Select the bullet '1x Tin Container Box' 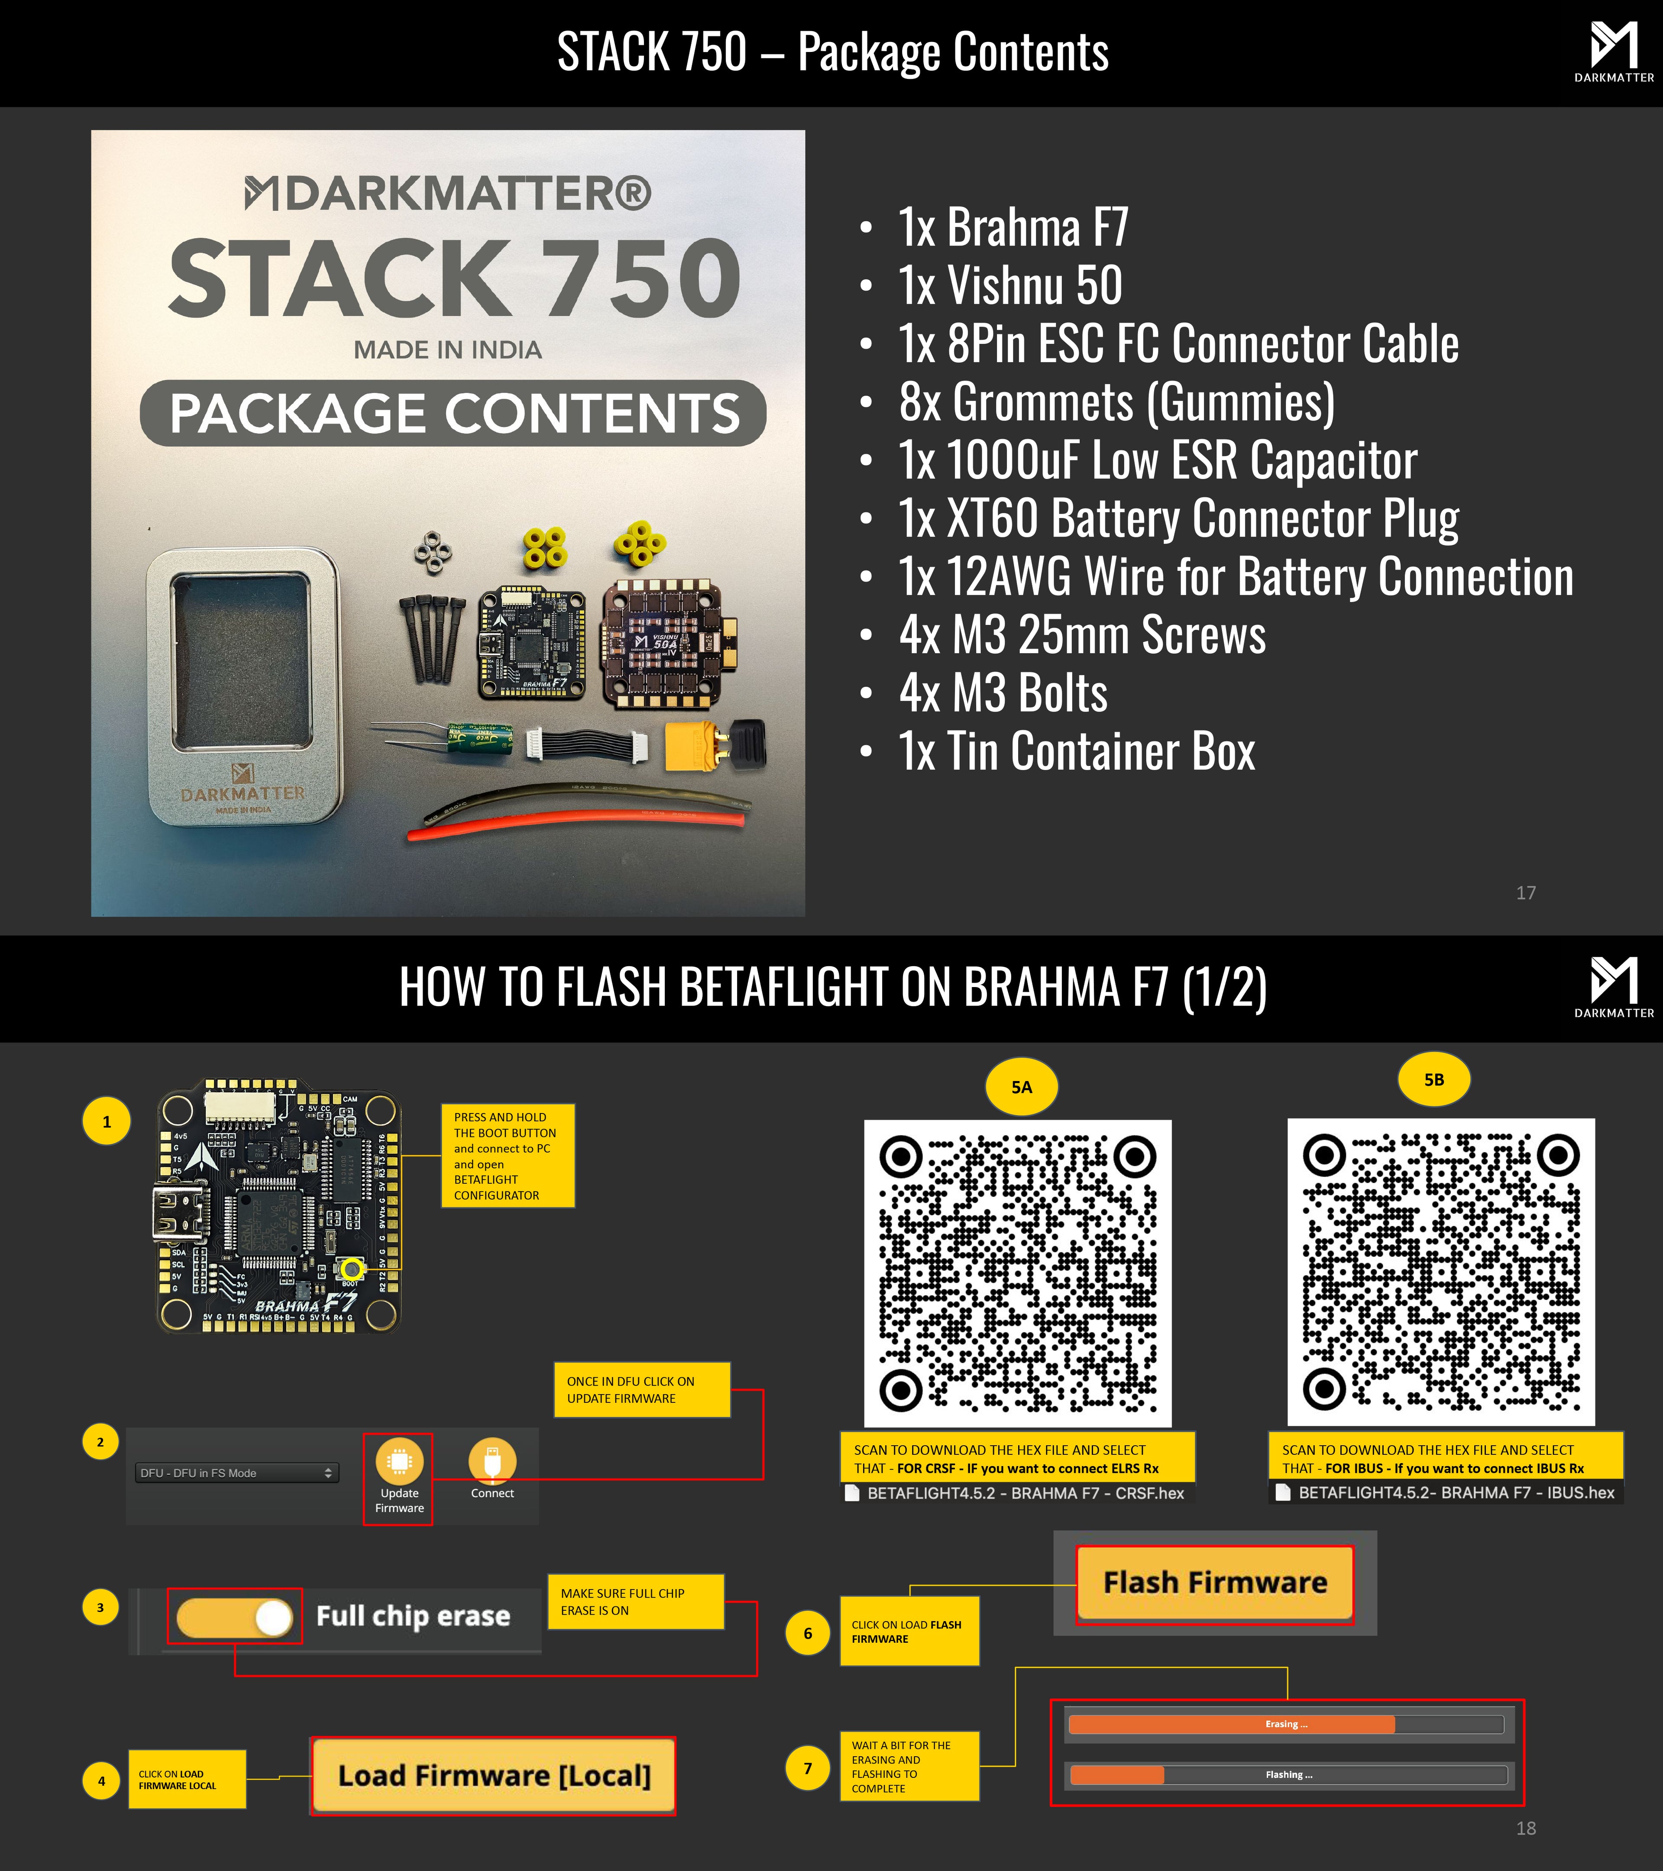click(1076, 751)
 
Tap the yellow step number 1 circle click(107, 1121)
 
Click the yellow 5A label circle click(1022, 1087)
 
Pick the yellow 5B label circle click(1433, 1079)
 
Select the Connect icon click(492, 1462)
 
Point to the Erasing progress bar click(1286, 1725)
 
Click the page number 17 click(1526, 893)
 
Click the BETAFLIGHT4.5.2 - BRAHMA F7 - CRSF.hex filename click(1025, 1493)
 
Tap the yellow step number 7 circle click(807, 1767)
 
